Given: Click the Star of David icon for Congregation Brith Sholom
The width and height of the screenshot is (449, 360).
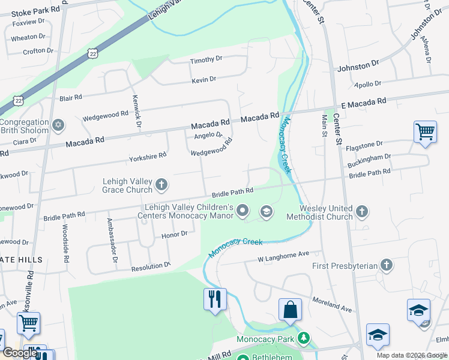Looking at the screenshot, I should pyautogui.click(x=58, y=125).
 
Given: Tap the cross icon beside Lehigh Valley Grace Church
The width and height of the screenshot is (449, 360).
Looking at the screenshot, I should pyautogui.click(x=161, y=185).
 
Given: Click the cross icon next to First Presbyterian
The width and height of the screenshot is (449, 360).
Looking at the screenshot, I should pyautogui.click(x=387, y=265).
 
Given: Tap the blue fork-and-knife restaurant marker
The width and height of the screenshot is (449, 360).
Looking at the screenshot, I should pyautogui.click(x=215, y=298).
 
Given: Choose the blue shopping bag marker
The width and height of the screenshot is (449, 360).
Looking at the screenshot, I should pyautogui.click(x=290, y=310).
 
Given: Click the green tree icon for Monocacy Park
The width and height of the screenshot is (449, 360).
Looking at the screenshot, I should pyautogui.click(x=304, y=339).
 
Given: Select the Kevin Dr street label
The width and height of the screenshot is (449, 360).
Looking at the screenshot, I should pyautogui.click(x=203, y=80).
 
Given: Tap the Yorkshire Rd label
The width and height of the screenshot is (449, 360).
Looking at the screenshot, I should pyautogui.click(x=148, y=157).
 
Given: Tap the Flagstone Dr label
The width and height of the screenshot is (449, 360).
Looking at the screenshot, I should pyautogui.click(x=365, y=144).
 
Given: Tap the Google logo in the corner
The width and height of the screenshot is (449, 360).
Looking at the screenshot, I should pyautogui.click(x=20, y=353).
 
